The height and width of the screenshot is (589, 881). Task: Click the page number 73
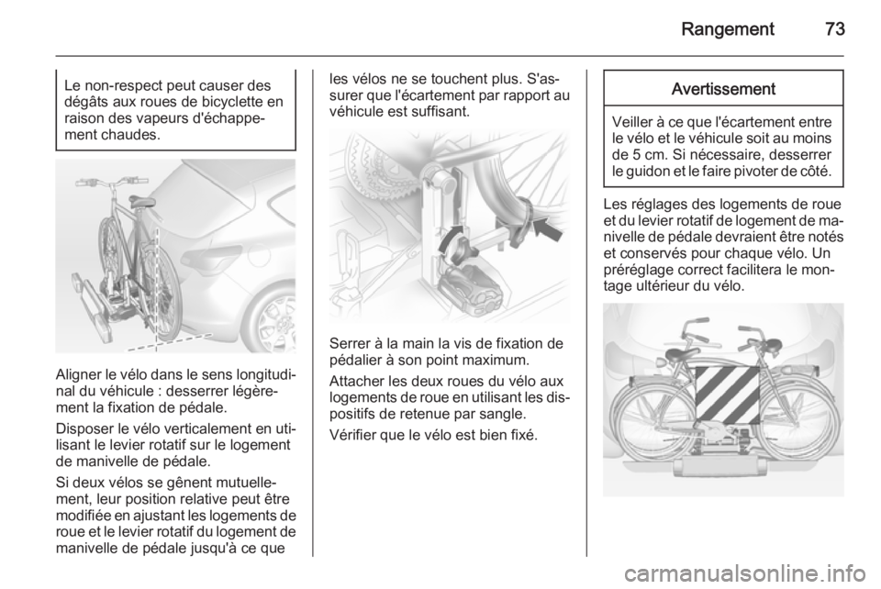click(x=835, y=28)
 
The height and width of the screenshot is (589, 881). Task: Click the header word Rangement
click(x=728, y=29)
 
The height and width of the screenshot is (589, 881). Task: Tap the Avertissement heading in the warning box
click(x=723, y=89)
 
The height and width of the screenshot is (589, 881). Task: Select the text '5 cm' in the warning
click(x=649, y=154)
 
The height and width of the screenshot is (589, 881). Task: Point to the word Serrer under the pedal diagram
click(x=348, y=343)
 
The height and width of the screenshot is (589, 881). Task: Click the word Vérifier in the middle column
click(x=351, y=435)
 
